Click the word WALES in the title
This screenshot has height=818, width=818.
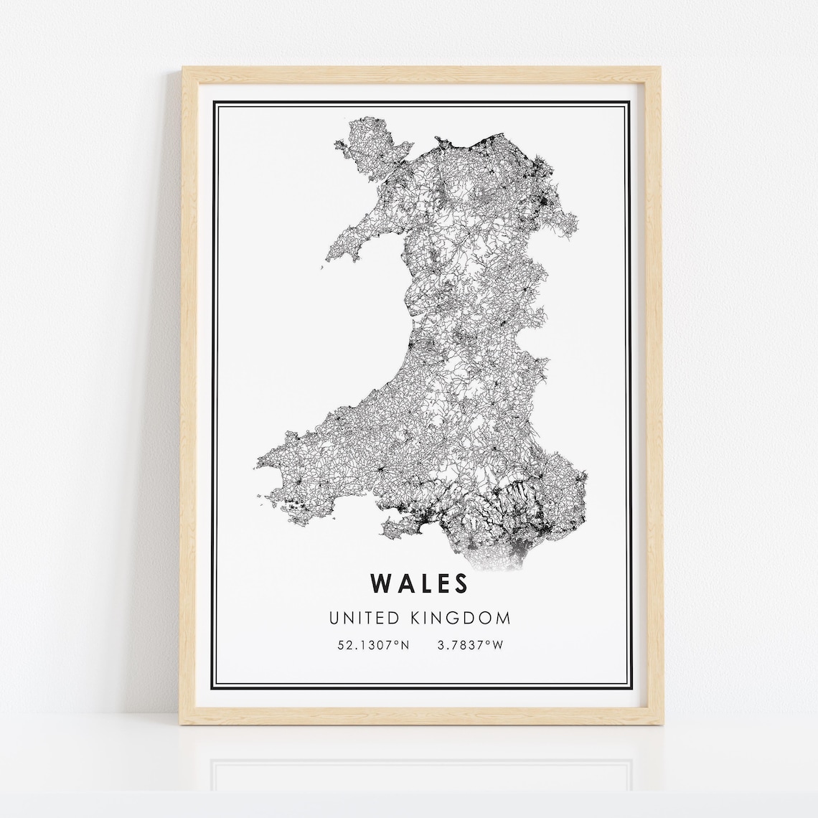[420, 583]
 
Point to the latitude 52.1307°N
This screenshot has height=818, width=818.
[373, 645]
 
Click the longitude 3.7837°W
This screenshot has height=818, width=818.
[471, 645]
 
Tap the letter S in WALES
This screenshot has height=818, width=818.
[460, 583]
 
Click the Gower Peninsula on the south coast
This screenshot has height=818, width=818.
[399, 530]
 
